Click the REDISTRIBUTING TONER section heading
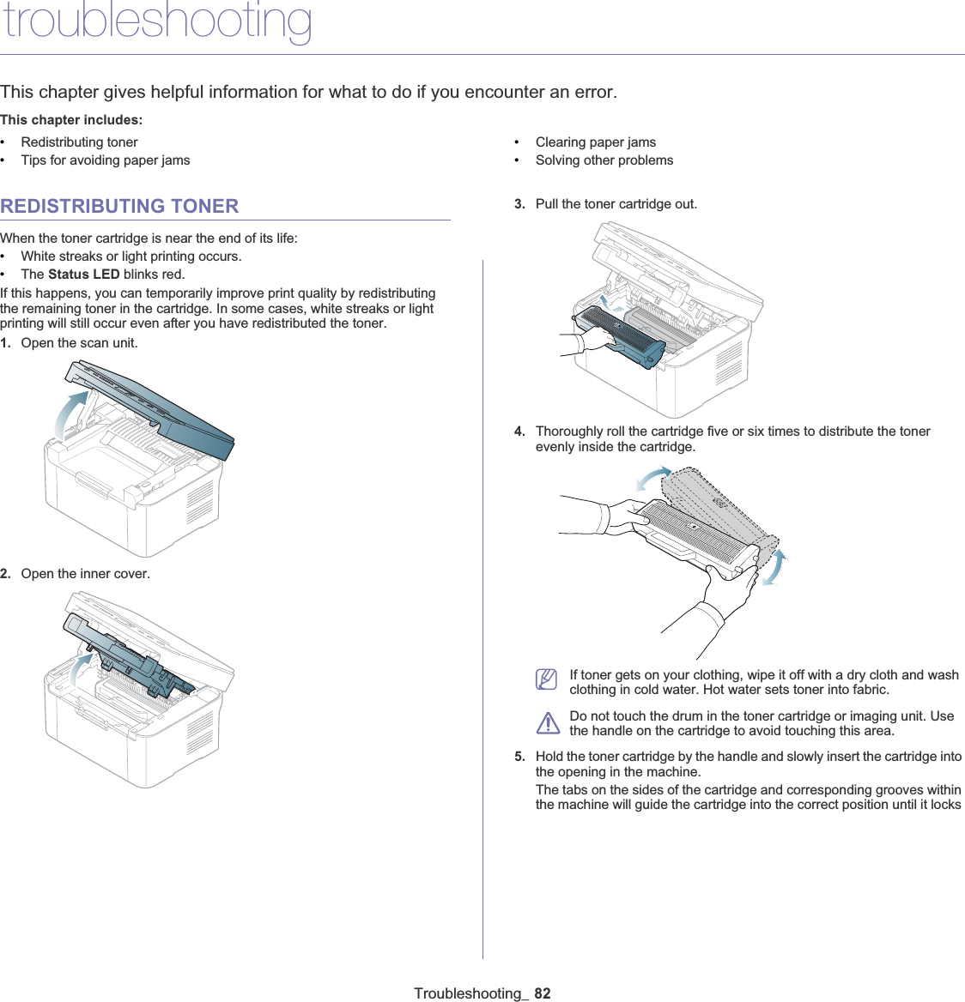point(119,206)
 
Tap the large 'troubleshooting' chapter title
point(156,21)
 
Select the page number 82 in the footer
point(542,993)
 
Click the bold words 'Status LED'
point(83,275)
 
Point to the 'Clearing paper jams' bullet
point(595,142)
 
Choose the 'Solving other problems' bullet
point(604,160)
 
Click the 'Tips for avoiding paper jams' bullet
point(106,160)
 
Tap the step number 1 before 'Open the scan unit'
point(5,343)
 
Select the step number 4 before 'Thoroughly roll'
point(519,432)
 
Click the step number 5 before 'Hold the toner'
point(519,757)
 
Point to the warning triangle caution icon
point(547,723)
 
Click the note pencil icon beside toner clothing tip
point(546,679)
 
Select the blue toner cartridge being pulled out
point(622,336)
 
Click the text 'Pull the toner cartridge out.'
point(616,204)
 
